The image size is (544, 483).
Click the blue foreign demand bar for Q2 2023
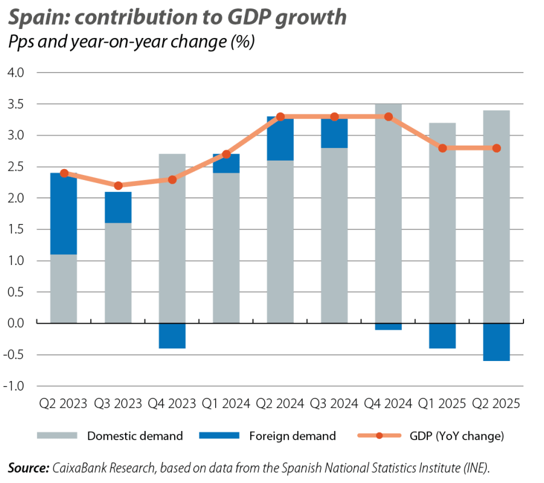(x=63, y=214)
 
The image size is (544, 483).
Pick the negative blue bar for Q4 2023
(x=172, y=336)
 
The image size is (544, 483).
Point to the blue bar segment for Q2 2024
(x=280, y=139)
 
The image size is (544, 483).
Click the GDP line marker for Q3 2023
(x=118, y=185)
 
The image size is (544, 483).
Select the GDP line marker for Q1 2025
(x=442, y=148)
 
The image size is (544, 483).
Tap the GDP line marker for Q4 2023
(x=172, y=179)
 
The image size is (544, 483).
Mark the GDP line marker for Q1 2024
(x=226, y=154)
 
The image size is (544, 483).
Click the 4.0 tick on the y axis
(x=16, y=73)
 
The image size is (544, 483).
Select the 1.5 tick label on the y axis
(x=16, y=229)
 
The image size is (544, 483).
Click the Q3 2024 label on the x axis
(x=334, y=403)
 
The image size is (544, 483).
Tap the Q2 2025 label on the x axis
(x=496, y=403)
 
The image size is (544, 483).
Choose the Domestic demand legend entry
(x=134, y=435)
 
